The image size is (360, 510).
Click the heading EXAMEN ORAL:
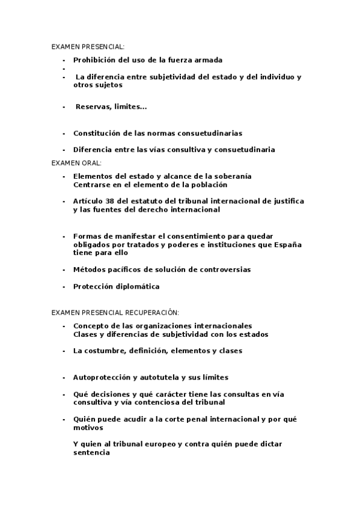pos(76,163)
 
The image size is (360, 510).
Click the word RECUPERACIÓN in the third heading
pos(152,313)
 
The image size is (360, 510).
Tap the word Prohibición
pos(94,60)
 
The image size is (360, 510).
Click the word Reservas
pos(93,106)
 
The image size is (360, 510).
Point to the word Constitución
pos(97,133)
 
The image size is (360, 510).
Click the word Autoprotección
pos(100,377)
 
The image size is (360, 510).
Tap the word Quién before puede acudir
pos(85,419)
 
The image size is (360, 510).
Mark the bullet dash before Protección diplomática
pos(63,286)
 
